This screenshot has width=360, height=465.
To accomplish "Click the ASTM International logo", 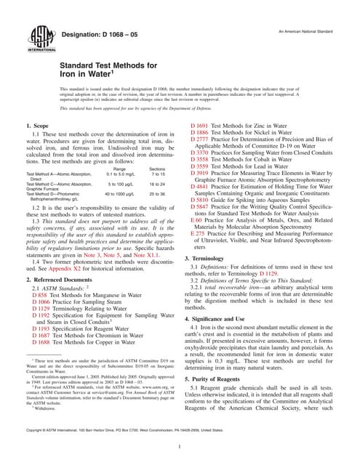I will click(36, 37).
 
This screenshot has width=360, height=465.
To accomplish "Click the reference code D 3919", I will click(200, 174).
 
